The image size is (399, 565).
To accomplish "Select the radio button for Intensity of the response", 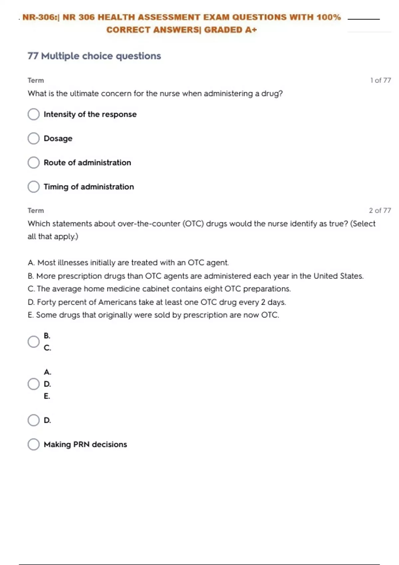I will (34, 114).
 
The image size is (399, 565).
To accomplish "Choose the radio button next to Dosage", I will (34, 138).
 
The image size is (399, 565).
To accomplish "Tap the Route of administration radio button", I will (34, 163).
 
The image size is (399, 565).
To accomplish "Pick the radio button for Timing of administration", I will (34, 187).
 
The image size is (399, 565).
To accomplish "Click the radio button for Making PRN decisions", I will (34, 444).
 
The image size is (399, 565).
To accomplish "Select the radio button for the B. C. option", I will (34, 342).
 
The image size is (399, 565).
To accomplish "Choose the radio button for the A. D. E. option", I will (34, 384).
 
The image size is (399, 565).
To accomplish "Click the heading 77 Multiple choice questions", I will (94, 56).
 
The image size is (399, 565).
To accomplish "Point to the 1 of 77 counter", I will (380, 80).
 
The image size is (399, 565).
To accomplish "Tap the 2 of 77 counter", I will (380, 210).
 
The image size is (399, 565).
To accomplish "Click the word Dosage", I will (58, 138).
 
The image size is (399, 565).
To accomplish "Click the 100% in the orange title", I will (329, 17).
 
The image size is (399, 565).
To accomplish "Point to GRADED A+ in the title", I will (230, 30).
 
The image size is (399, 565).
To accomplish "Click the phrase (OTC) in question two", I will (193, 224).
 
